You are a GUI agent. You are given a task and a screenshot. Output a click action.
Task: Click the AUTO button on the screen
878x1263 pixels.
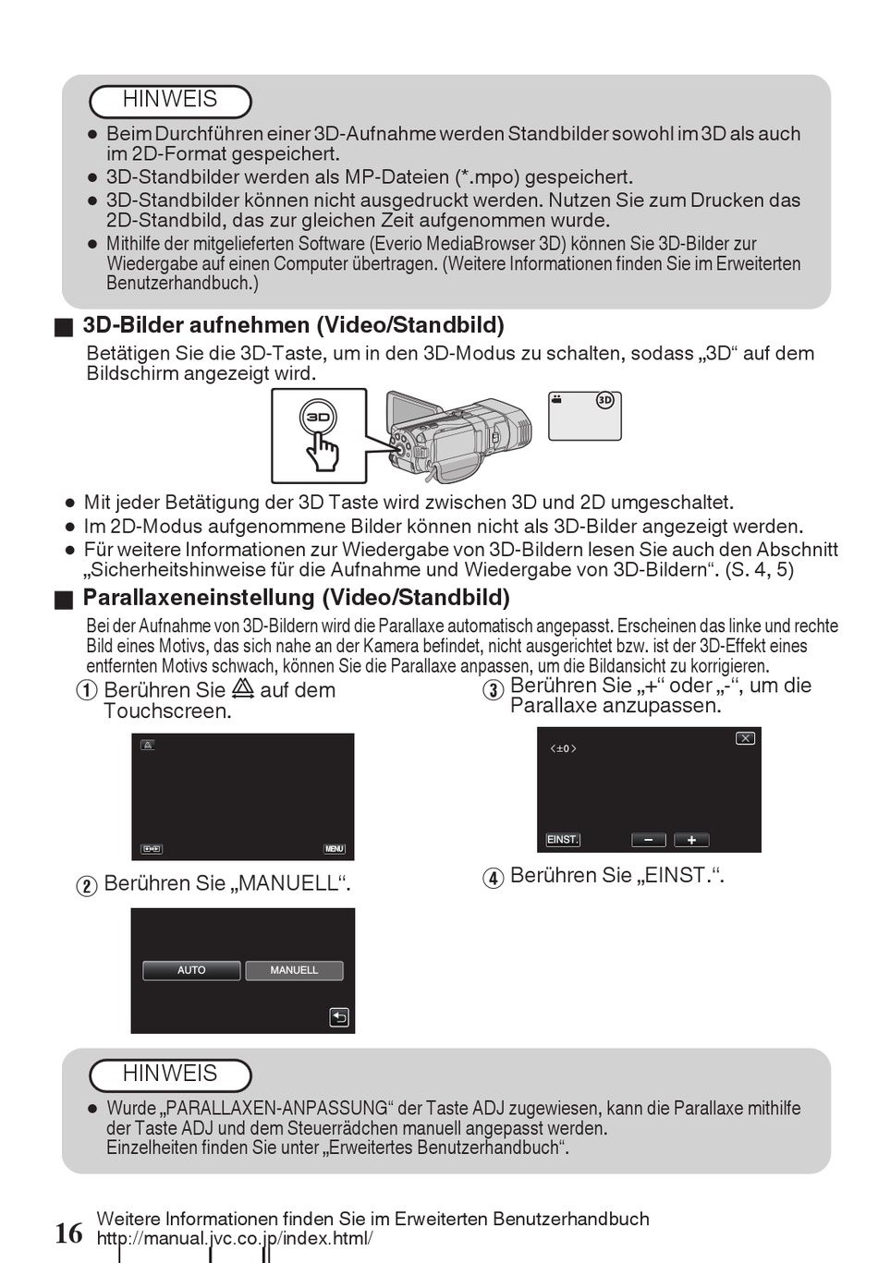(191, 970)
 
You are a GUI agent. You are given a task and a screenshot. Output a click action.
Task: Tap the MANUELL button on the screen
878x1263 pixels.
(294, 970)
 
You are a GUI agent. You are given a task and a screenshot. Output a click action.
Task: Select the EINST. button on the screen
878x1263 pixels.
(563, 840)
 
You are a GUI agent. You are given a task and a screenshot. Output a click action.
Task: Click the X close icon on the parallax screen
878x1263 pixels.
(745, 738)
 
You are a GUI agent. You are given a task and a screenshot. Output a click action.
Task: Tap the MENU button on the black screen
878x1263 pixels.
(334, 849)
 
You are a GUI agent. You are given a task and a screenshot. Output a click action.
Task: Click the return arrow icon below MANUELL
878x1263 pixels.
(339, 1017)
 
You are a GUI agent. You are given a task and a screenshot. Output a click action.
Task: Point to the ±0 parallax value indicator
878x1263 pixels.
(563, 748)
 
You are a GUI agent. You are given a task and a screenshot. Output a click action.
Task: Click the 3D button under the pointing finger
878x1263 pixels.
(318, 417)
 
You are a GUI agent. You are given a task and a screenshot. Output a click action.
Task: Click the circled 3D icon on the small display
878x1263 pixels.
(605, 401)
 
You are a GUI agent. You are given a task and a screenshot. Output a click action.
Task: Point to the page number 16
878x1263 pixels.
(68, 1233)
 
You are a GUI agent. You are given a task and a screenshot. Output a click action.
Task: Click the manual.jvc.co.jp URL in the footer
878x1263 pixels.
(235, 1239)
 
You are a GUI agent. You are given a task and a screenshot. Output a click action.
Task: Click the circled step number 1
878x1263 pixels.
(87, 691)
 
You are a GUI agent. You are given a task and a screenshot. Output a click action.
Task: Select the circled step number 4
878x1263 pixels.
(494, 877)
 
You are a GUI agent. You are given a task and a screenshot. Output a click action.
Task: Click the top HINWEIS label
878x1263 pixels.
(170, 100)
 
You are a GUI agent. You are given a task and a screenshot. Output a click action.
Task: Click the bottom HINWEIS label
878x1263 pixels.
(170, 1074)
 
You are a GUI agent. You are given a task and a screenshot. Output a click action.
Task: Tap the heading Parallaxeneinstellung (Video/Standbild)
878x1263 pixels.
(296, 597)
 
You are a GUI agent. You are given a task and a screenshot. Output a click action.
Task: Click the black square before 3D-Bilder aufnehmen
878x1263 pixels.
(63, 327)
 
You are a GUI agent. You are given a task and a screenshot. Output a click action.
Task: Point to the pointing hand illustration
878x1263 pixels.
(323, 450)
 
